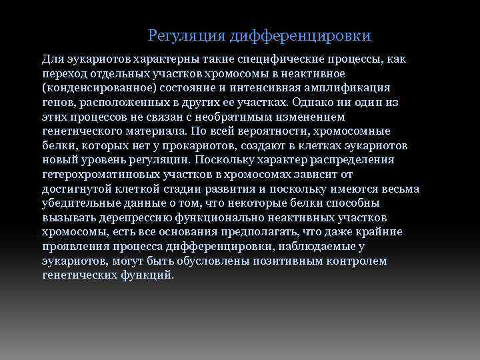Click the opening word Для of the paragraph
[51, 59]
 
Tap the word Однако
[312, 103]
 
